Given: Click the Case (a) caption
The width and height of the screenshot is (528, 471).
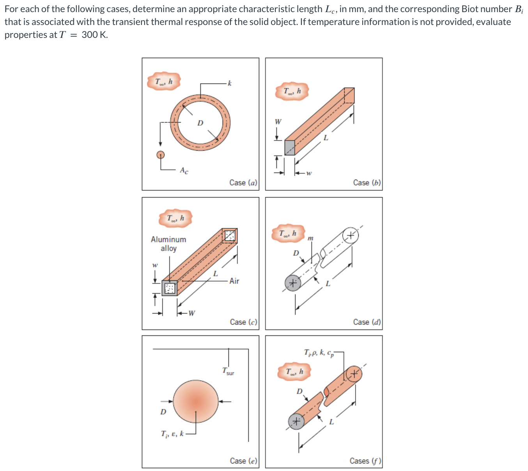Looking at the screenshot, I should tap(243, 182).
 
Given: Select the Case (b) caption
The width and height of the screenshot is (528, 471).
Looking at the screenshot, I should tap(367, 182).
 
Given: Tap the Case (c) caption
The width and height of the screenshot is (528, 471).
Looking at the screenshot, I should tap(243, 322).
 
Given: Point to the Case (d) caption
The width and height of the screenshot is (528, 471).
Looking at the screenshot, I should tap(367, 322).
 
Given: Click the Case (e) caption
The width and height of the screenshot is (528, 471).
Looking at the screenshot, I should tap(243, 461).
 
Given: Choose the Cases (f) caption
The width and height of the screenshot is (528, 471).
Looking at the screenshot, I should tap(365, 461).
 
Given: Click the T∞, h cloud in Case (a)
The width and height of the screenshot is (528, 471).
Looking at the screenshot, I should tap(164, 81).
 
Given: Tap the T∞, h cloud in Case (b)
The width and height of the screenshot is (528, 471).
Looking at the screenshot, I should tap(292, 91).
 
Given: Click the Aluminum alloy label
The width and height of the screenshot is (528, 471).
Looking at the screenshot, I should tap(168, 244).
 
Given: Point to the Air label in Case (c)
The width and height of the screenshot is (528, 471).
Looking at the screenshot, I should tap(234, 281).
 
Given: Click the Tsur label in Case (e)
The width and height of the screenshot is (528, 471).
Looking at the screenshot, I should tap(228, 371).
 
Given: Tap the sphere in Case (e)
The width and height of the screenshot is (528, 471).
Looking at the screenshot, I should tap(196, 401).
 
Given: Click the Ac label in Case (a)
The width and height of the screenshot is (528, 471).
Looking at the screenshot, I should tap(184, 170).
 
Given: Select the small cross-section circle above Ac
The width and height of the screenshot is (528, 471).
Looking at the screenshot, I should tap(160, 155).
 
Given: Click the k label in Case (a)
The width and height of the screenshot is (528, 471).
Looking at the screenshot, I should tap(229, 83).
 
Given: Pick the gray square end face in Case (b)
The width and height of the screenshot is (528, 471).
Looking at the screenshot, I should tap(289, 147).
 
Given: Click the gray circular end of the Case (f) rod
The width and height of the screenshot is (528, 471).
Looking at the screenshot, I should tap(296, 421).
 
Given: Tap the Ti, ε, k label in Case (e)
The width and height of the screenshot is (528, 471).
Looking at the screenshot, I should tap(172, 434).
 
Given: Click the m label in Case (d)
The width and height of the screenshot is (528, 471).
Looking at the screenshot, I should tap(310, 238).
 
